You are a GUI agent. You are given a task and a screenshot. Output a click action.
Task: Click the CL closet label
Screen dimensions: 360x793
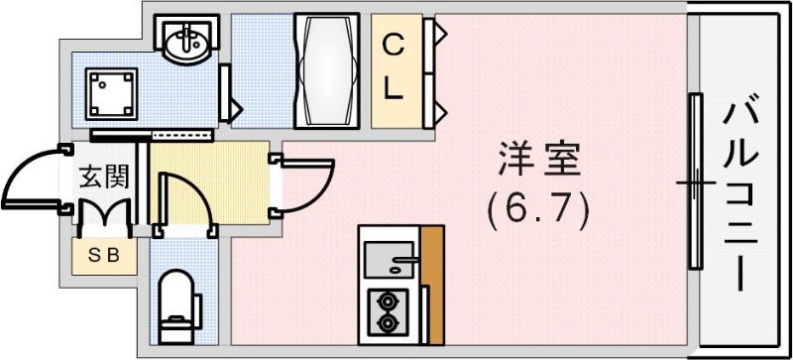click(x=394, y=67)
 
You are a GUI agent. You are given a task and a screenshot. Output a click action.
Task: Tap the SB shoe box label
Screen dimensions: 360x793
click(x=104, y=255)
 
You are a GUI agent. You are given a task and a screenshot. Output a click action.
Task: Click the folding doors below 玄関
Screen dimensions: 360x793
click(x=104, y=212)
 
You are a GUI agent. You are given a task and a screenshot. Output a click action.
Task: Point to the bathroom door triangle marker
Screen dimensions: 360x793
click(x=234, y=103)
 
